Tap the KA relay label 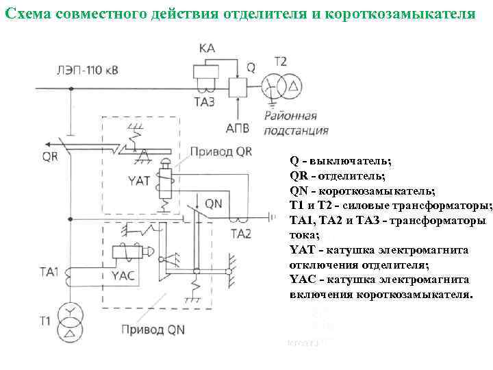pos(207,47)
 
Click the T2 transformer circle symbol pos(276,87)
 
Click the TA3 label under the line pos(203,103)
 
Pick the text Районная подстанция pos(294,123)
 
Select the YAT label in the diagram pos(138,180)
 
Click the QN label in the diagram pos(214,203)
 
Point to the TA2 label pos(241,234)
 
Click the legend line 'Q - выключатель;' pos(340,162)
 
